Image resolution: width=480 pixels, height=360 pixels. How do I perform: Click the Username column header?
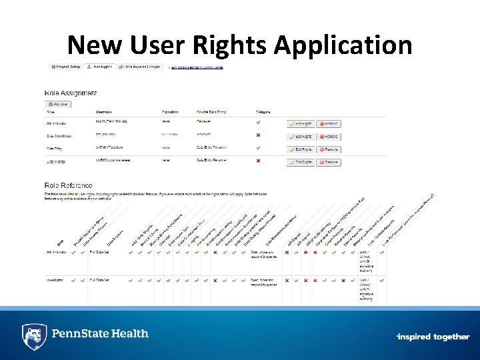(105, 111)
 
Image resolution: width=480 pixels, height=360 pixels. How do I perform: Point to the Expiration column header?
(170, 111)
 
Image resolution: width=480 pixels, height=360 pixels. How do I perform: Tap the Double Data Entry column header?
(211, 111)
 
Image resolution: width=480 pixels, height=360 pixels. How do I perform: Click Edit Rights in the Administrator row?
(301, 124)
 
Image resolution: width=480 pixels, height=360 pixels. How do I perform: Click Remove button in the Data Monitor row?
(329, 162)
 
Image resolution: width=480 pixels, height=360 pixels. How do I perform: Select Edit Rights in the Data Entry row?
(301, 149)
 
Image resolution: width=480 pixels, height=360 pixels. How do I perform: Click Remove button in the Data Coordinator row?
(329, 137)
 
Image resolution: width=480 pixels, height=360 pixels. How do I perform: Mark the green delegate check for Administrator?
(258, 123)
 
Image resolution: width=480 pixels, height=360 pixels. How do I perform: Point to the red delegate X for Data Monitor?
(258, 161)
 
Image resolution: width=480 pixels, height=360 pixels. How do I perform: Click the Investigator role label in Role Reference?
(56, 281)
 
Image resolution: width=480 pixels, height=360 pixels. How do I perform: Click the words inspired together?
(433, 337)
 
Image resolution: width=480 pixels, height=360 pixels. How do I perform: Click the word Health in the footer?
(127, 333)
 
